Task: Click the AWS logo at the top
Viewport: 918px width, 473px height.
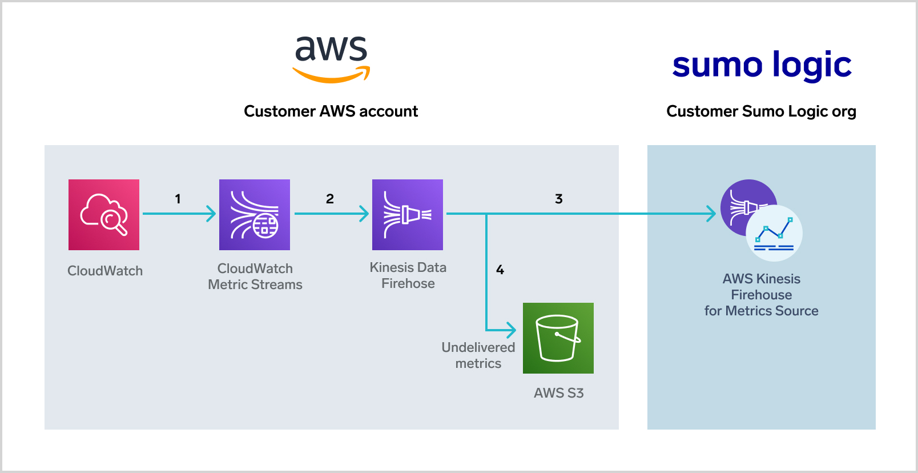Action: [331, 58]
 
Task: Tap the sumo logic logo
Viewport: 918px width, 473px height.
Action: [762, 65]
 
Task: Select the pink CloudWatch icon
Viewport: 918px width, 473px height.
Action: [104, 215]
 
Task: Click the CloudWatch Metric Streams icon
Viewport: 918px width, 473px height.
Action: [255, 215]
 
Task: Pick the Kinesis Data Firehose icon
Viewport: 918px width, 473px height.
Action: [408, 215]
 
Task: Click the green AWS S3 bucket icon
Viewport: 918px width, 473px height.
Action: [558, 338]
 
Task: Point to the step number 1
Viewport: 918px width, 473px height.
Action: [178, 199]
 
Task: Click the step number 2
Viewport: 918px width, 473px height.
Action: [330, 199]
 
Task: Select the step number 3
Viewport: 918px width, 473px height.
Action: [559, 199]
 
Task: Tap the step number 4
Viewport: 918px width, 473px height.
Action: [500, 270]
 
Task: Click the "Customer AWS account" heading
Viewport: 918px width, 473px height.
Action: [331, 111]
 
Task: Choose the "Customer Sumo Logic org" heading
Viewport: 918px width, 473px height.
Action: [761, 111]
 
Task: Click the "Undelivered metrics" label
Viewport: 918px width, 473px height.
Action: [478, 355]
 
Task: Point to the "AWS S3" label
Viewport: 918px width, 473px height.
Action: [558, 393]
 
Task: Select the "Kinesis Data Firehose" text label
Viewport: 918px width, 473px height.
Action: [408, 275]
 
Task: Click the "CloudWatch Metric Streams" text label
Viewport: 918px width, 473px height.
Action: [255, 276]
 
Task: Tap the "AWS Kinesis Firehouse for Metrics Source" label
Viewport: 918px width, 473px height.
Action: [761, 295]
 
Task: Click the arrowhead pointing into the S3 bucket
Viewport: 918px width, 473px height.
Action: [512, 330]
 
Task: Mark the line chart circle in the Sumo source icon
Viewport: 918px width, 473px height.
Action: [774, 234]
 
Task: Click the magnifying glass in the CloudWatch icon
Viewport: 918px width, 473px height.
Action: [112, 222]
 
